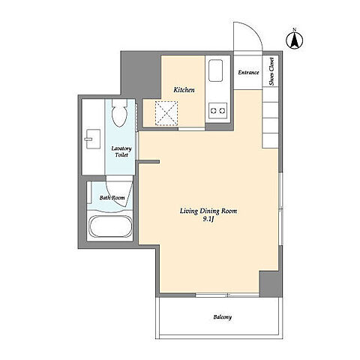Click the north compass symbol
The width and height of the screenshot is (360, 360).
click(295, 40)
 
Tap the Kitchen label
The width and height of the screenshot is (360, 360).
click(184, 90)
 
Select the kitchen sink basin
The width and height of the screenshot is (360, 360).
click(215, 70)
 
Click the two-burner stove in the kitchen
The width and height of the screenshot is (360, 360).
click(218, 110)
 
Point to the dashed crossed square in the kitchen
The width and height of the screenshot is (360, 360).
click(166, 113)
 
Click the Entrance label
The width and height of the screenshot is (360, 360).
click(248, 73)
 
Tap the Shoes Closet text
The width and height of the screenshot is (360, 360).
click(271, 71)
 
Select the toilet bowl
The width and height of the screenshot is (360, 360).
click(119, 113)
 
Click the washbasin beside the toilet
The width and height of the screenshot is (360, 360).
click(93, 139)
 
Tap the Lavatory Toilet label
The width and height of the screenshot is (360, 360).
click(121, 151)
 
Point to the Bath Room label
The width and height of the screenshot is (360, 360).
click(112, 197)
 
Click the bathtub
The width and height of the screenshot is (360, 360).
click(110, 226)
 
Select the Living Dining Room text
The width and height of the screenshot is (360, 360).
click(208, 211)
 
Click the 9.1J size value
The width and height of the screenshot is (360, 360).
click(208, 220)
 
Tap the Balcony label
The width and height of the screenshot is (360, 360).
click(223, 317)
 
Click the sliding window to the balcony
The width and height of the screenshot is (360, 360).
click(228, 295)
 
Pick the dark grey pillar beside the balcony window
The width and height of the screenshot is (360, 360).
click(271, 283)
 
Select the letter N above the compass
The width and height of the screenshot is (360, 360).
click(295, 29)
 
